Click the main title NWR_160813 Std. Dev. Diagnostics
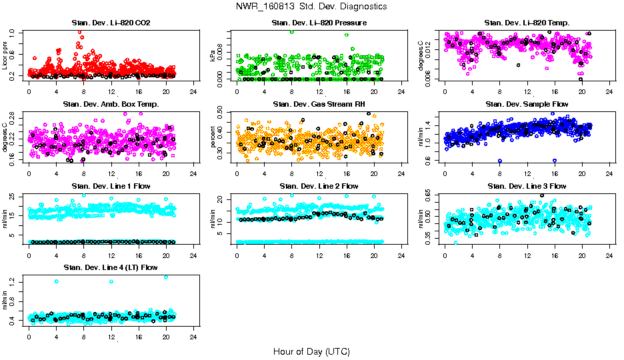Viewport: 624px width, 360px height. point(311,6)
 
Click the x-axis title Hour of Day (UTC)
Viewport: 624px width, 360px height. point(311,351)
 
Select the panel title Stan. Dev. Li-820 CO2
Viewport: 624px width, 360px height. point(111,23)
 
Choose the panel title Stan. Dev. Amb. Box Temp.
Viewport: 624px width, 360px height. point(111,105)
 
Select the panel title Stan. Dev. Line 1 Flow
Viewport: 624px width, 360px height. point(111,186)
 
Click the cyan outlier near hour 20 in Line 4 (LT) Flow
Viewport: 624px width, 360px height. point(165,277)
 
